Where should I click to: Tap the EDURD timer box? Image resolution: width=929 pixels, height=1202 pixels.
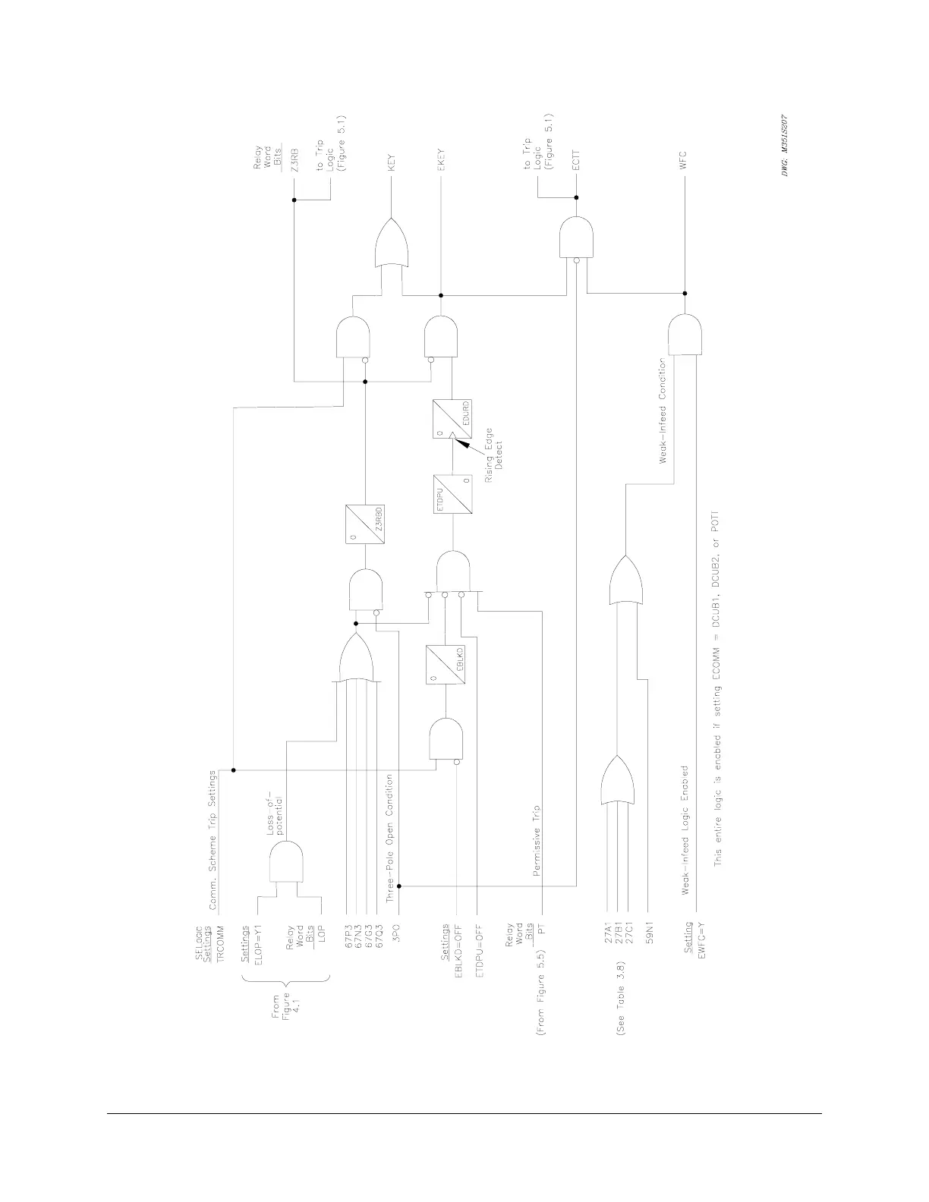(x=453, y=419)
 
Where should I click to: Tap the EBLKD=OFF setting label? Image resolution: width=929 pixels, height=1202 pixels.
(x=457, y=949)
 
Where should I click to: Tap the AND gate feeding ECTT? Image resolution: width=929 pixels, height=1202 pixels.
(x=576, y=238)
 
